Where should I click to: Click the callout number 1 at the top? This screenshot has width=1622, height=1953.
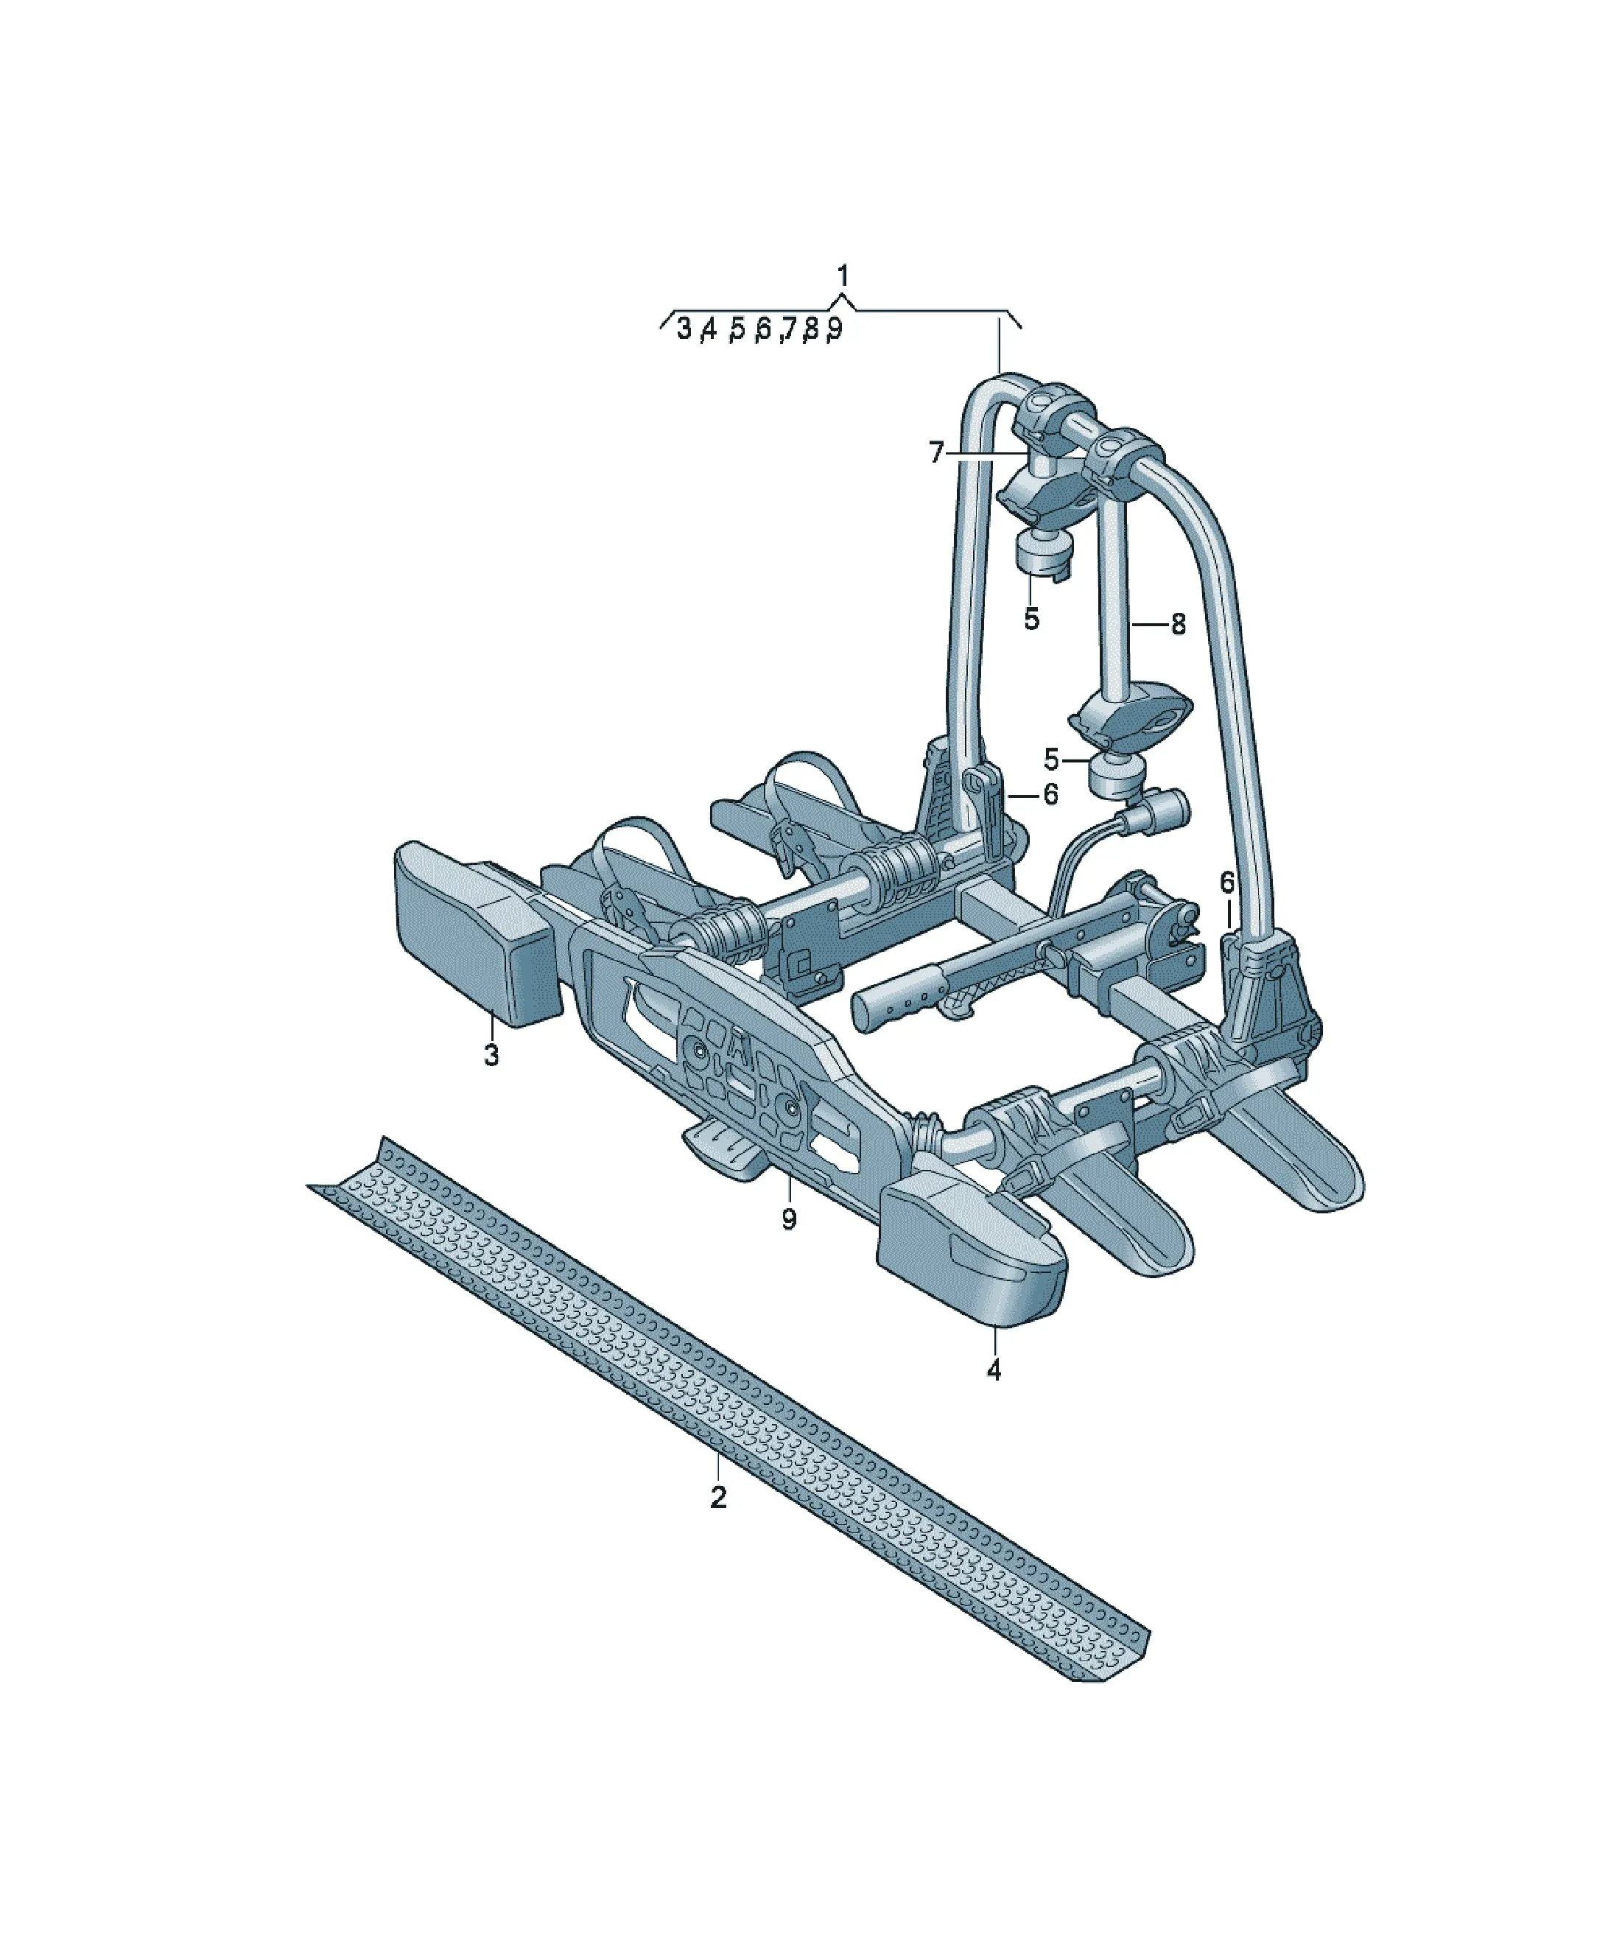[843, 276]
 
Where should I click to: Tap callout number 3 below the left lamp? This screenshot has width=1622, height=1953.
[491, 1056]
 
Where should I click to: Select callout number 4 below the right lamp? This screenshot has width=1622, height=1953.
[994, 1370]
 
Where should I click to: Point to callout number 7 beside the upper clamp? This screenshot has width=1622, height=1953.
[936, 453]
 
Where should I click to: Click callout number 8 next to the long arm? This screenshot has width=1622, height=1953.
[1179, 624]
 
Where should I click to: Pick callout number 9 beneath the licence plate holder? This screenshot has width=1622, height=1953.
[789, 1219]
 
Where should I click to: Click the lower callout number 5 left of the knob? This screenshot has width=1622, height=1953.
[1051, 760]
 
